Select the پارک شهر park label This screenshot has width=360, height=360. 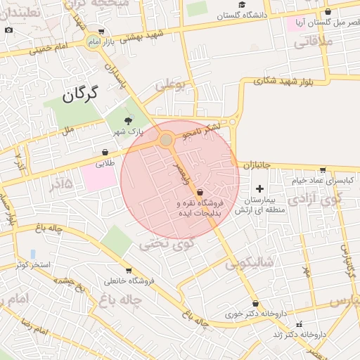click(129, 131)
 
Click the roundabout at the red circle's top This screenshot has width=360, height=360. click(166, 141)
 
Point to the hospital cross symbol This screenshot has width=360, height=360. click(260, 188)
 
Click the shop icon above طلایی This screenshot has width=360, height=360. click(105, 152)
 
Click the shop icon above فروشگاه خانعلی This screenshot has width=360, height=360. click(129, 271)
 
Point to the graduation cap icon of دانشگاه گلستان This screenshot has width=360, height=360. click(242, 5)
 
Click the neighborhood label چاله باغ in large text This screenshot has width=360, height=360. click(121, 300)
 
